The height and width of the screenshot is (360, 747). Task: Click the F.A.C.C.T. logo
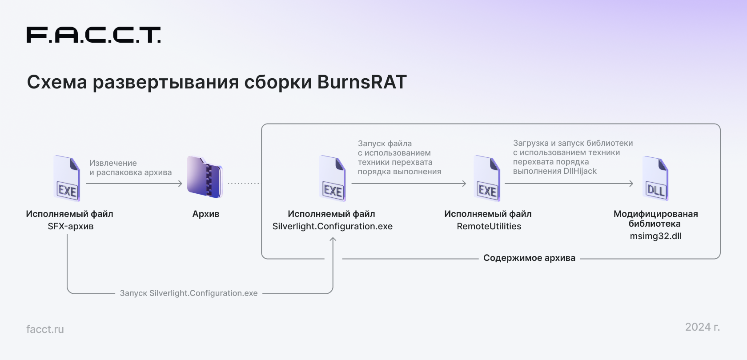(x=93, y=35)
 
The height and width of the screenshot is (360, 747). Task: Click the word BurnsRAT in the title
(x=362, y=82)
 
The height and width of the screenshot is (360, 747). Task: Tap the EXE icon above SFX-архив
(x=67, y=178)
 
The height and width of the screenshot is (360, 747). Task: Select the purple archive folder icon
(x=205, y=177)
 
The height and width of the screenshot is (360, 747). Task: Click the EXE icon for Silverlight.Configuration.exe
(x=333, y=178)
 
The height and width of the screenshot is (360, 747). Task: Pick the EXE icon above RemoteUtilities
(x=487, y=178)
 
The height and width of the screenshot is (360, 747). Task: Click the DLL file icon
(x=655, y=178)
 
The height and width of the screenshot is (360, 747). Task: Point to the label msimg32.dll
(x=655, y=236)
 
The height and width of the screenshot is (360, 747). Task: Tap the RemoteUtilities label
(x=489, y=226)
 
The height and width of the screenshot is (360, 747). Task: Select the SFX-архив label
(x=70, y=226)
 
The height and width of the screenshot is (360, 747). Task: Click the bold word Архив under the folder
(x=206, y=214)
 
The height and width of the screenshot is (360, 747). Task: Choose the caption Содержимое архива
(x=529, y=258)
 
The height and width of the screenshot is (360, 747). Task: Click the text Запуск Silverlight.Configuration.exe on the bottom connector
(x=189, y=293)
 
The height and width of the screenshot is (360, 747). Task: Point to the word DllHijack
(x=580, y=171)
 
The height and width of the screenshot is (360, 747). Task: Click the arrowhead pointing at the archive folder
(x=180, y=183)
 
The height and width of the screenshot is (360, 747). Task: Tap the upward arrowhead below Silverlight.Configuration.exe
(x=333, y=239)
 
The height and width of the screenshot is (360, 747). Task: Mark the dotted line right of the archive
(x=244, y=183)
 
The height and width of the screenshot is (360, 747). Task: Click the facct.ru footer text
(x=45, y=329)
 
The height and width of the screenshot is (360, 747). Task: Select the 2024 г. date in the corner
(x=703, y=327)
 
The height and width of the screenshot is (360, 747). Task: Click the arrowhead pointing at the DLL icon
(x=631, y=183)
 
